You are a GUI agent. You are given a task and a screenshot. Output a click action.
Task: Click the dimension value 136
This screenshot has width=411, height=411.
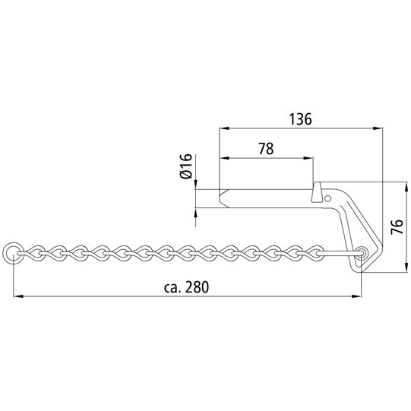(301, 119)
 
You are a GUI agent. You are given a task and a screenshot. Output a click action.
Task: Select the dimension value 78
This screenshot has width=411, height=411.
(266, 149)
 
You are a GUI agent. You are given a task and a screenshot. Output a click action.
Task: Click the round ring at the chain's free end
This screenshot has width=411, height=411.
(13, 252)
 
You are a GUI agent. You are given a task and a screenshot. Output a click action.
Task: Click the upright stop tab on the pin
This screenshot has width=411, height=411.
(317, 193)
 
